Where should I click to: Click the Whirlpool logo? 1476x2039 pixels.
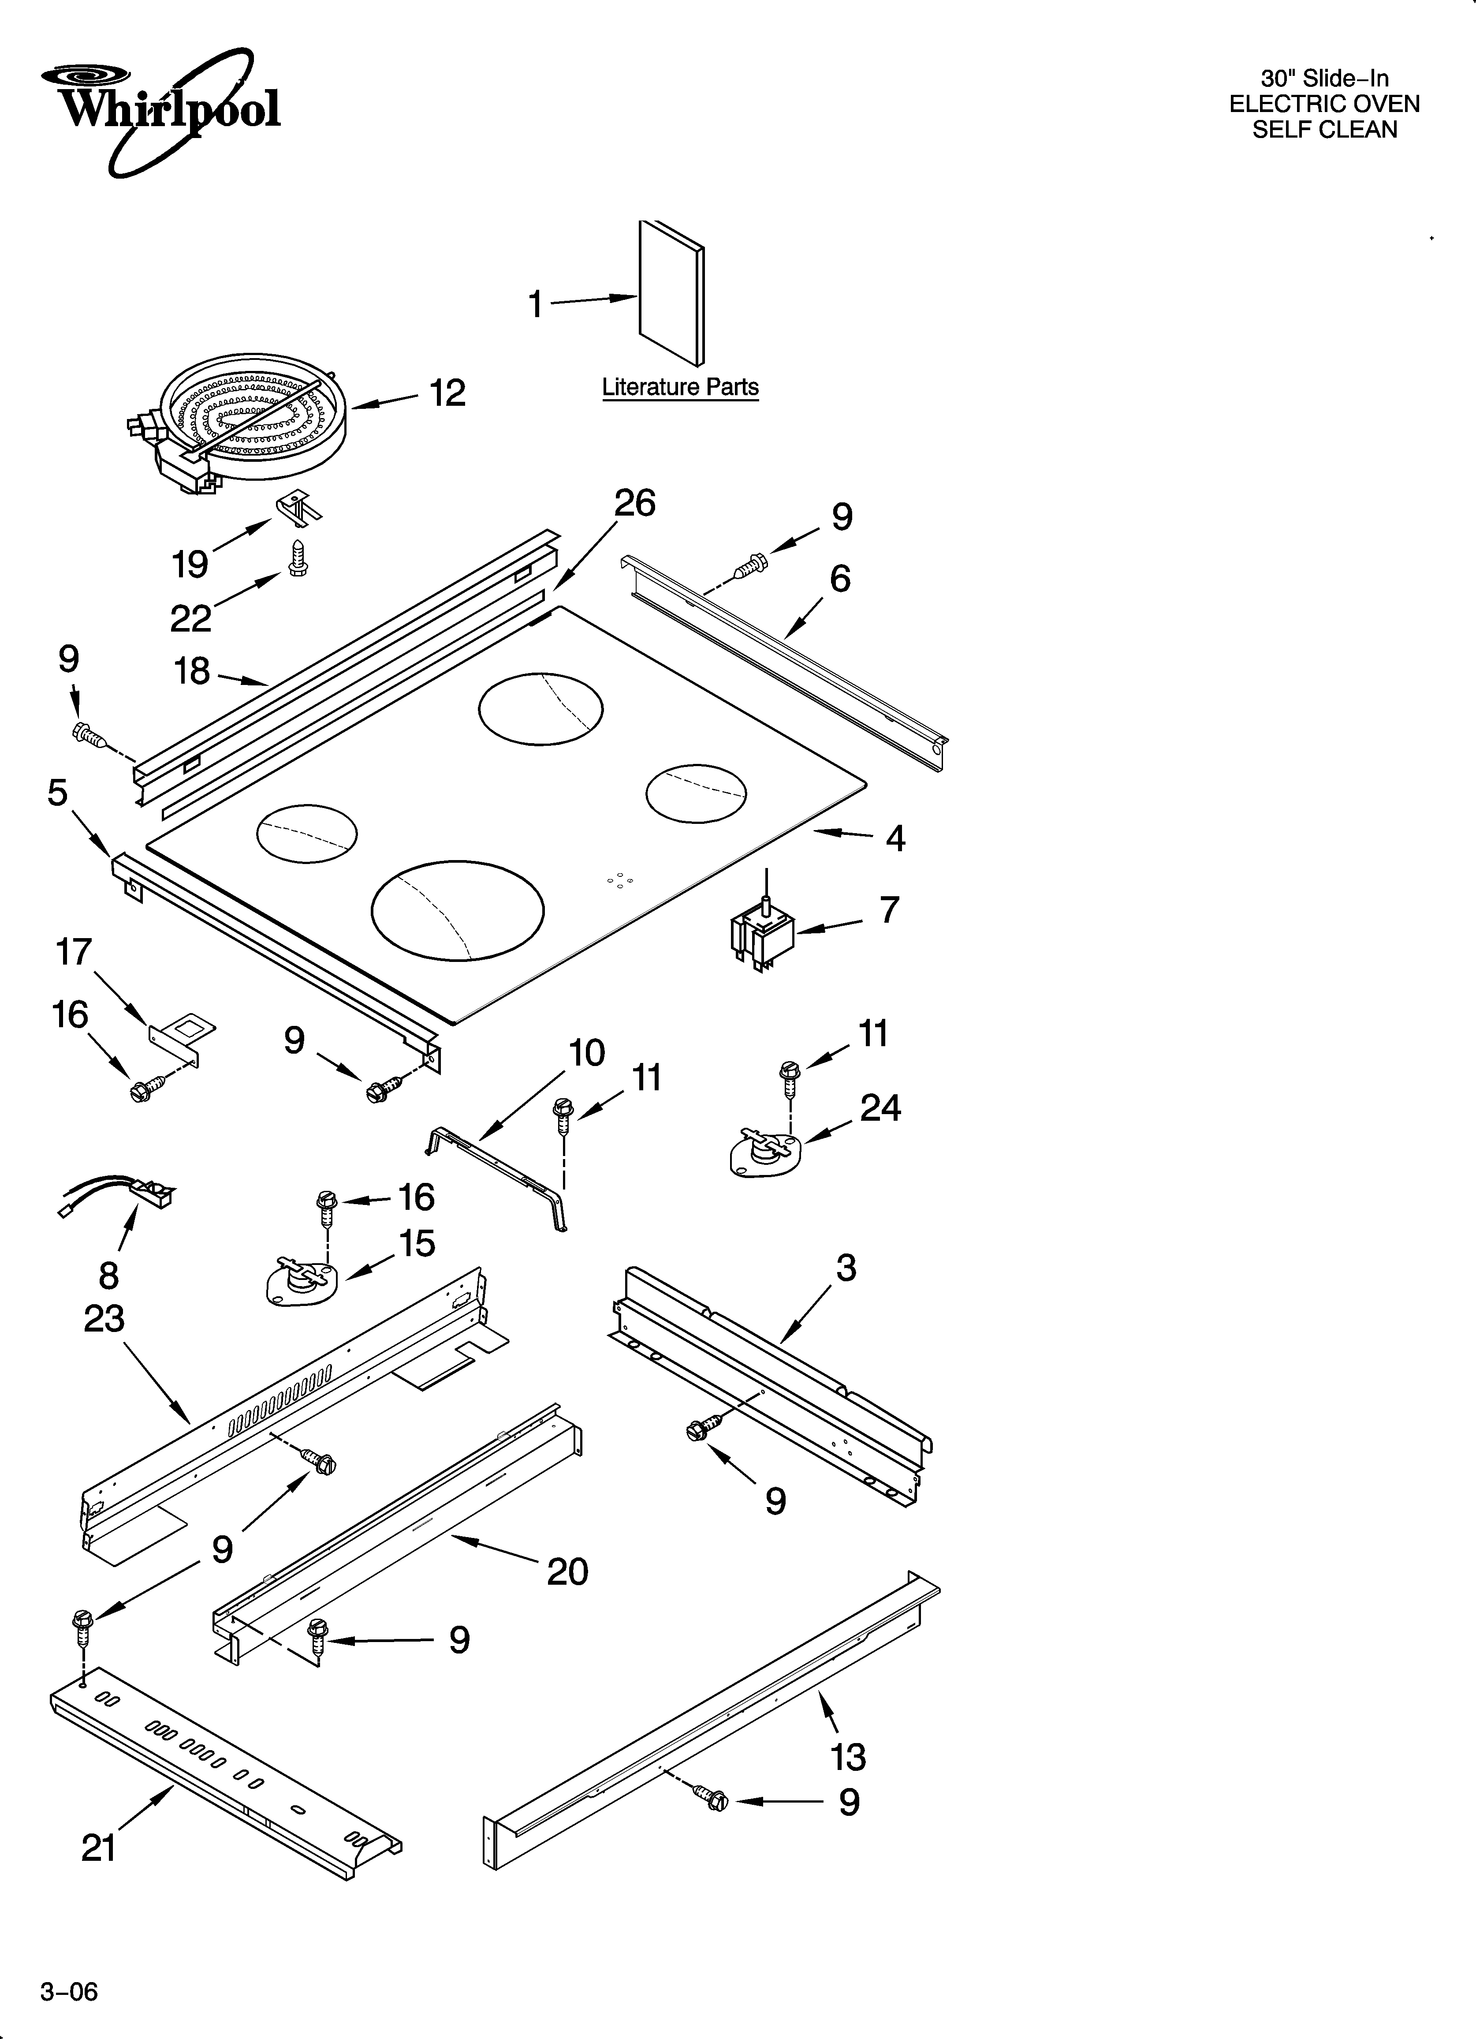[x=162, y=112]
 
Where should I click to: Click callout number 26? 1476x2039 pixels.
[x=635, y=503]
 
